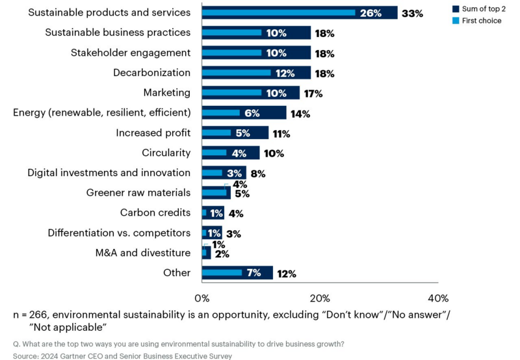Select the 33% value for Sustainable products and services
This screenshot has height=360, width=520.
pyautogui.click(x=411, y=13)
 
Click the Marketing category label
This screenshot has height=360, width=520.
pyautogui.click(x=166, y=93)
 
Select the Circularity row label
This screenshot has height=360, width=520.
pyautogui.click(x=166, y=153)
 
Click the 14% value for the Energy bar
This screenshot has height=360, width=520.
pyautogui.click(x=300, y=113)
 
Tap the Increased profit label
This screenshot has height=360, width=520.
pyautogui.click(x=153, y=133)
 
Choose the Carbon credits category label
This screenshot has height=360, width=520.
pyautogui.click(x=155, y=212)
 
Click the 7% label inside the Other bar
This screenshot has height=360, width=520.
pyautogui.click(x=254, y=273)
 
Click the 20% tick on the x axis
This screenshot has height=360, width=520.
pyautogui.click(x=320, y=298)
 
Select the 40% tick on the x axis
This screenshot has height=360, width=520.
pyautogui.click(x=438, y=298)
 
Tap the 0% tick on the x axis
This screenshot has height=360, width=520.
pyautogui.click(x=202, y=298)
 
